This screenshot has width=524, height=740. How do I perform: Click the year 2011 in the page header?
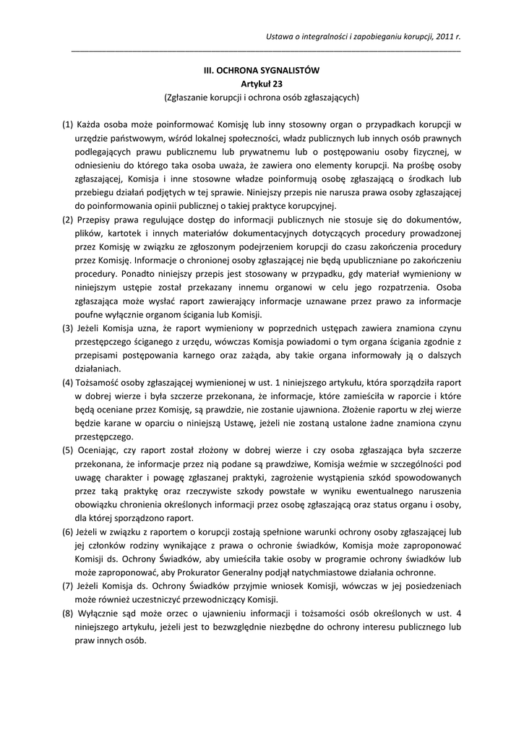pyautogui.click(x=445, y=36)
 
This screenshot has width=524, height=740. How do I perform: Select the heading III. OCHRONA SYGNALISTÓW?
pyautogui.click(x=262, y=71)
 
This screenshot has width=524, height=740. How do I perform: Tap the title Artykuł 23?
pyautogui.click(x=262, y=84)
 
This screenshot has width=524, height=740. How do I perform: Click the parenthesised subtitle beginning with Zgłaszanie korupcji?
pyautogui.click(x=262, y=97)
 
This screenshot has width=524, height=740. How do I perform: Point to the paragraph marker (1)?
pyautogui.click(x=67, y=124)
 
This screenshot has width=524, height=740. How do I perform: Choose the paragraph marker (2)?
pyautogui.click(x=67, y=220)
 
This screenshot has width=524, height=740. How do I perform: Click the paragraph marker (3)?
pyautogui.click(x=67, y=329)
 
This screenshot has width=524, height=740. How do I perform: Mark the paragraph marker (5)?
pyautogui.click(x=67, y=451)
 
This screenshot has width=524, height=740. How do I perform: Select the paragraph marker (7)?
pyautogui.click(x=67, y=587)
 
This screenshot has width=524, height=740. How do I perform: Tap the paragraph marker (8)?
pyautogui.click(x=67, y=614)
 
